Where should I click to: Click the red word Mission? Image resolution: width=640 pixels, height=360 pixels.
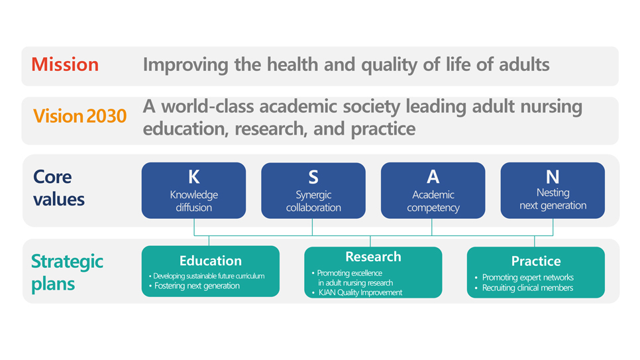pos(65,64)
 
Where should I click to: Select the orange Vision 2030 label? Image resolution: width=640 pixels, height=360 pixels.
pos(80,116)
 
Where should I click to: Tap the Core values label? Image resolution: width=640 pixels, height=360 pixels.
pos(59,188)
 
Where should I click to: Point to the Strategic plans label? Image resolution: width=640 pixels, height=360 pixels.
pos(68,272)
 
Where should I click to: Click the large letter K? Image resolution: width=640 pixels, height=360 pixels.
pos(194,177)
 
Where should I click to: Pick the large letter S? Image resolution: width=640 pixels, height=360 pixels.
pos(313,177)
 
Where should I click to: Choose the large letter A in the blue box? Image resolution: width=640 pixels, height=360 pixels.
pos(433,177)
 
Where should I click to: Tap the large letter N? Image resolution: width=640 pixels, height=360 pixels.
pos(553,177)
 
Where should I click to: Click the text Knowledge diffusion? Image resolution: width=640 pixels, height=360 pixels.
pos(194,201)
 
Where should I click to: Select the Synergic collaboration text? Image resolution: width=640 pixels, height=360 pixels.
pos(313,201)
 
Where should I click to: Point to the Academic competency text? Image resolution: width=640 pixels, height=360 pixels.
pos(433,201)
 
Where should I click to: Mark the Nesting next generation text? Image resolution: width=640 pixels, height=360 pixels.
pos(553,199)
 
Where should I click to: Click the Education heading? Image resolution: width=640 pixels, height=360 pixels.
pos(211,261)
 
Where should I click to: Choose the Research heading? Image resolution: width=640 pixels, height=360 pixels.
pos(373,257)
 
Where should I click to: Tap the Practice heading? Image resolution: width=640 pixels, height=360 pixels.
pos(536,261)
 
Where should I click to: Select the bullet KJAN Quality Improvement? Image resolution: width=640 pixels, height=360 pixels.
pos(357,292)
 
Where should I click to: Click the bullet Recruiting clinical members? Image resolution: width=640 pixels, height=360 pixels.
pos(524,288)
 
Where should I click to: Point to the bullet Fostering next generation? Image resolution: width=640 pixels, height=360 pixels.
pos(194,286)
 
